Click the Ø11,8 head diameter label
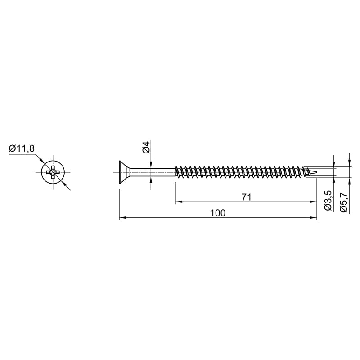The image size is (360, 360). [22, 149]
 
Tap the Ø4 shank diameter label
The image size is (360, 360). [146, 148]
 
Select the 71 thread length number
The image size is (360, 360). [247, 197]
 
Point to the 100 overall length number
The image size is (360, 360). [218, 213]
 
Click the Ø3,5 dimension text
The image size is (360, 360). [328, 200]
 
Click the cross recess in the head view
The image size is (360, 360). [53, 172]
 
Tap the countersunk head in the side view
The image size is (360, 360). [124, 172]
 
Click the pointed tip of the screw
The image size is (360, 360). [317, 172]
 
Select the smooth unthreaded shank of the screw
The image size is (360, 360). [153, 172]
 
